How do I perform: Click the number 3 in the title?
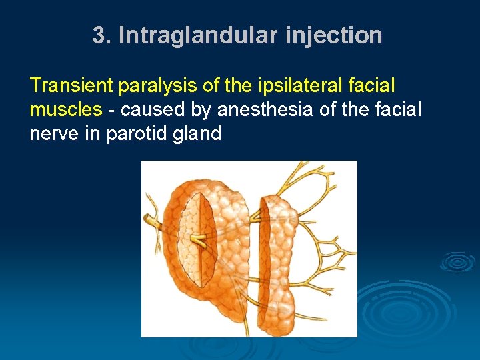[99, 35]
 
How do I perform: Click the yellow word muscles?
[65, 109]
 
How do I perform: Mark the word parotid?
[137, 133]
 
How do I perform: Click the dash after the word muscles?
[111, 109]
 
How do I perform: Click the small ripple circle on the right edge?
[458, 262]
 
